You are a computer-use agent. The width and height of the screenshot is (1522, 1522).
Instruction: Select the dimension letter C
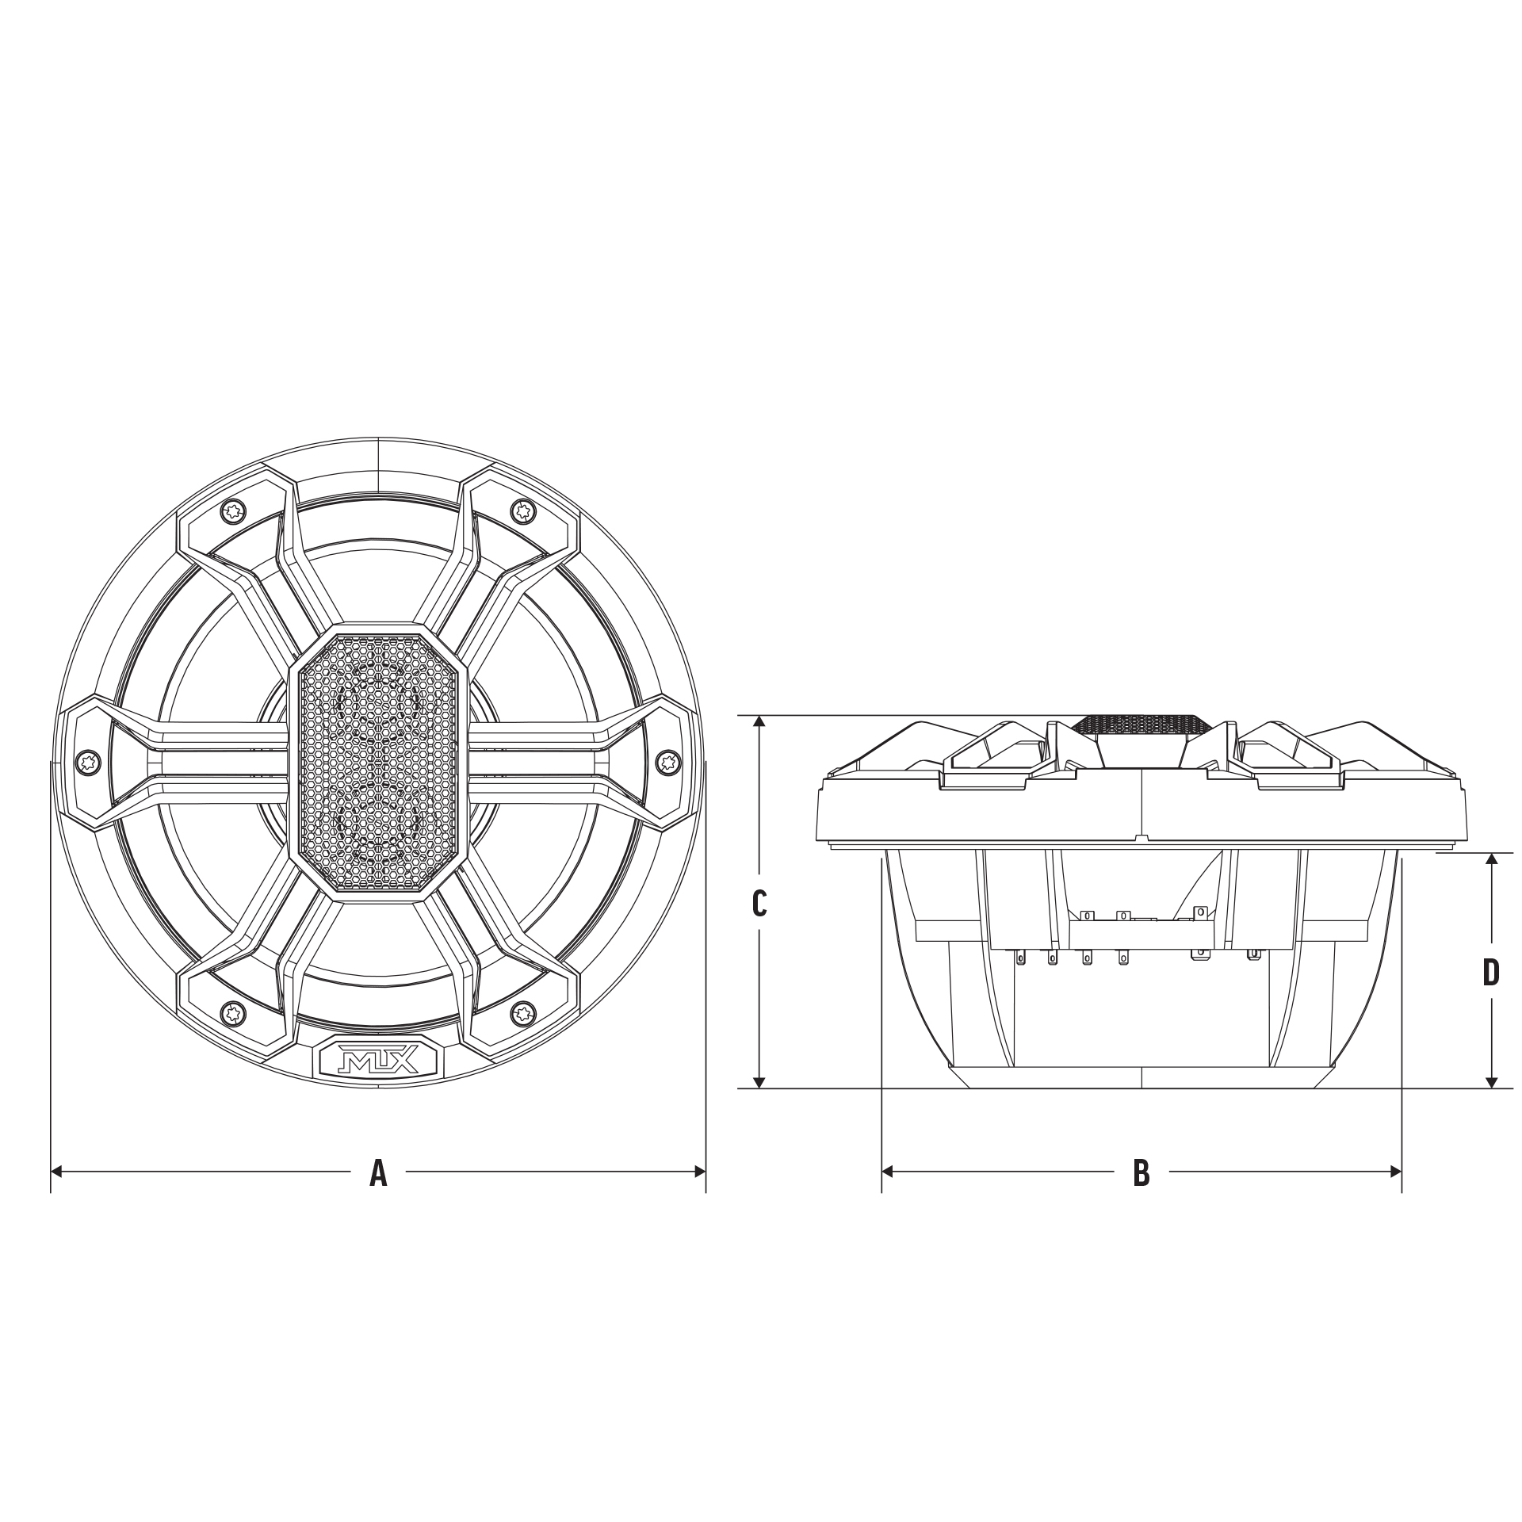click(x=759, y=903)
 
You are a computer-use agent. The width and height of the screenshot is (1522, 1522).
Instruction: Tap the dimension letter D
click(x=1491, y=973)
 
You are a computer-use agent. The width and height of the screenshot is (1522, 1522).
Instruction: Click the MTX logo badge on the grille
click(x=379, y=1058)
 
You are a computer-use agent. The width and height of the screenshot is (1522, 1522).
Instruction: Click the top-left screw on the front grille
click(x=233, y=511)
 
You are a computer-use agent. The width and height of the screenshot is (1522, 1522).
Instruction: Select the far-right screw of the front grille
click(x=668, y=762)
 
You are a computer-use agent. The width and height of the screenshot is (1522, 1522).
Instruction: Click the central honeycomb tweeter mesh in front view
click(x=379, y=763)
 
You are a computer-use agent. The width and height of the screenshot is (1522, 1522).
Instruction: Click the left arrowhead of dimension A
click(x=56, y=1171)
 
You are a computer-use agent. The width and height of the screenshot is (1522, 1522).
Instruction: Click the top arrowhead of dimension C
click(x=759, y=722)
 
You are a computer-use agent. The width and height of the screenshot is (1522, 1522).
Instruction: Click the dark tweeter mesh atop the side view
click(x=1141, y=725)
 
